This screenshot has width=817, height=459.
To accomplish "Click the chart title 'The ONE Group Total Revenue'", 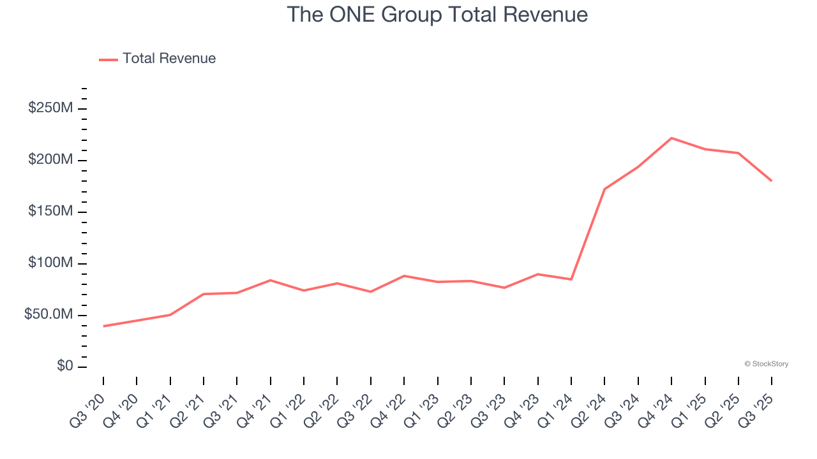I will (x=437, y=14).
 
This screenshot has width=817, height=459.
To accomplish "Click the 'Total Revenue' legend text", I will (x=169, y=59).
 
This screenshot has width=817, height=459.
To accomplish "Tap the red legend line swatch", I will (x=109, y=59).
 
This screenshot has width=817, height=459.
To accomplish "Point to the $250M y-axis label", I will (x=50, y=108).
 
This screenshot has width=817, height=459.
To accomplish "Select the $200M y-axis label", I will (x=50, y=160).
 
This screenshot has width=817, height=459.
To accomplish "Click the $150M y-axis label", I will (x=50, y=212).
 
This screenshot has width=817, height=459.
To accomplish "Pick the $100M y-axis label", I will (x=50, y=263).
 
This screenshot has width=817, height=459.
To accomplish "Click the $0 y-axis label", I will (x=65, y=367).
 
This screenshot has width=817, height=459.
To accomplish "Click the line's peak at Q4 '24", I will (x=671, y=138).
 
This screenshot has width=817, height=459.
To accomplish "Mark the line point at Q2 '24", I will (x=604, y=189).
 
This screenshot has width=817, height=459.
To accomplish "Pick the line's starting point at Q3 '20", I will (x=103, y=326).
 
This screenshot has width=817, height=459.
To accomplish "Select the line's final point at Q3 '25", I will (x=772, y=181).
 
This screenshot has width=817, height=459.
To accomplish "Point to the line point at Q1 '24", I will (x=571, y=279).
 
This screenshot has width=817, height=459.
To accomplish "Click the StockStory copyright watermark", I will (x=766, y=364).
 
